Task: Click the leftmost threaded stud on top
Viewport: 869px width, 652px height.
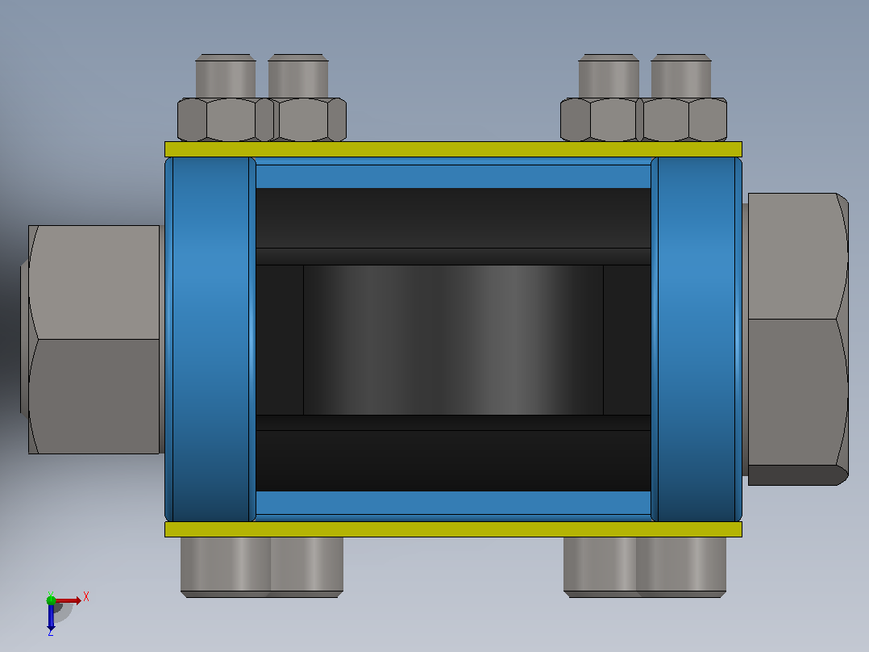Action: coord(226,76)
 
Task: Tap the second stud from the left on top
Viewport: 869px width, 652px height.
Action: coord(298,76)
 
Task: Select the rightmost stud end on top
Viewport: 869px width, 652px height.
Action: coord(681,76)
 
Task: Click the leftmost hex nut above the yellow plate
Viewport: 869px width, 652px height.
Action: coord(225,119)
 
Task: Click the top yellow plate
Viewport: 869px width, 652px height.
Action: coord(453,149)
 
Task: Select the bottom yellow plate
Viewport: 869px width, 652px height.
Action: coord(453,529)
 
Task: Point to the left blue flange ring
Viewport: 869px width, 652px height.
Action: coord(210,339)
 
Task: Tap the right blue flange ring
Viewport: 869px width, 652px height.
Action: coord(696,339)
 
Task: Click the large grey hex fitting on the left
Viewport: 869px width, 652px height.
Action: coord(94,340)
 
